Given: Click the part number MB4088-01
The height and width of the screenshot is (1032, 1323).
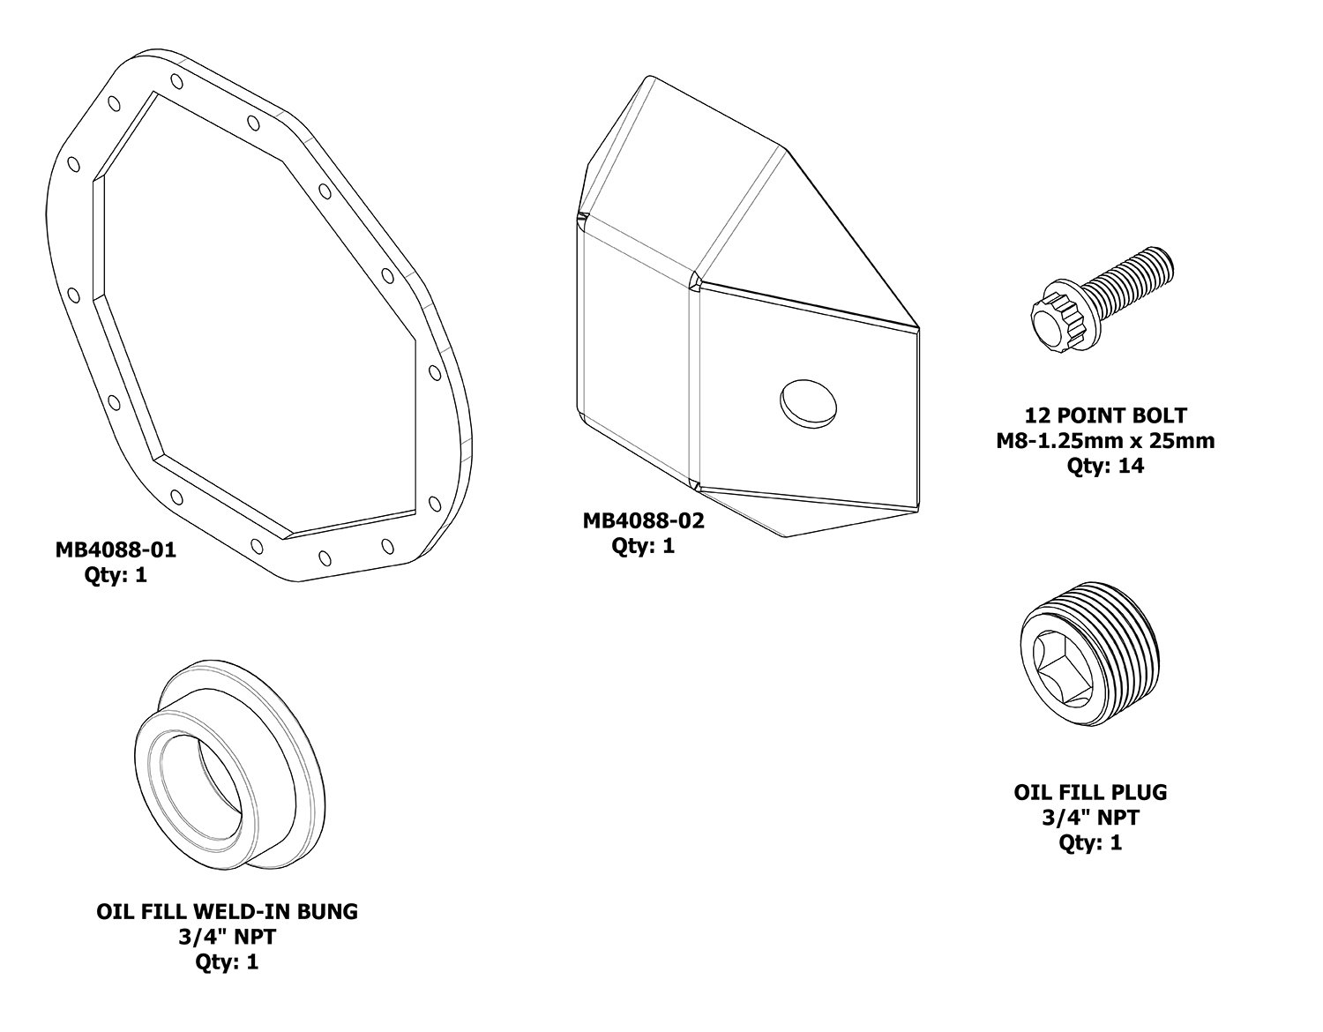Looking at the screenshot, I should (x=116, y=550).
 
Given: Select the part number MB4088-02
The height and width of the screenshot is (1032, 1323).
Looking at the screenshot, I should (x=644, y=520).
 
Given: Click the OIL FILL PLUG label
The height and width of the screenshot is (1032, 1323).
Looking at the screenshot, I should (x=1090, y=792).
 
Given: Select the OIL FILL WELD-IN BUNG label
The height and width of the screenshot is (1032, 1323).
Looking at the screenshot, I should (x=228, y=911).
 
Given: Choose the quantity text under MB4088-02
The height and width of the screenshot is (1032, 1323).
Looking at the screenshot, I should (x=644, y=546).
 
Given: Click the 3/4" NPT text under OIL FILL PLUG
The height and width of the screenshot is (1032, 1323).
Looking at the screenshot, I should (x=1090, y=818).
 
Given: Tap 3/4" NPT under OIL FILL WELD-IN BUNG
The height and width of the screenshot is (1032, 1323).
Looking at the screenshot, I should (x=228, y=937).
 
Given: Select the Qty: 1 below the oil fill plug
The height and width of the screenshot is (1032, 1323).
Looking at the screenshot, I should (x=1090, y=843).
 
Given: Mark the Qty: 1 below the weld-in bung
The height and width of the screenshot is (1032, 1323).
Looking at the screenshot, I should (x=228, y=961).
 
